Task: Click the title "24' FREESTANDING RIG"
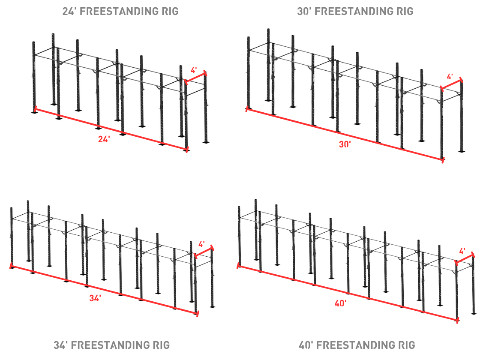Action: click(120, 11)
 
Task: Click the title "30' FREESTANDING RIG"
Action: click(355, 11)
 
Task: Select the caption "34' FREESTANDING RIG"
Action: click(111, 345)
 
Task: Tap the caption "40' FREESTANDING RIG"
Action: click(357, 345)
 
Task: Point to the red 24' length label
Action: click(104, 139)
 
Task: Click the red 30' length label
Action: click(345, 144)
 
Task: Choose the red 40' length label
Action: click(340, 303)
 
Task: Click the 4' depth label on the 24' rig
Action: click(194, 70)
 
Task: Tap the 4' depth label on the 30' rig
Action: click(450, 77)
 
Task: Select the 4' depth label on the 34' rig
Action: click(201, 244)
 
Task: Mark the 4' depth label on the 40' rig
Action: click(462, 251)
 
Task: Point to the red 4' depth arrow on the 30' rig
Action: click(451, 84)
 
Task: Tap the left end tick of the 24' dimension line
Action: click(35, 109)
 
